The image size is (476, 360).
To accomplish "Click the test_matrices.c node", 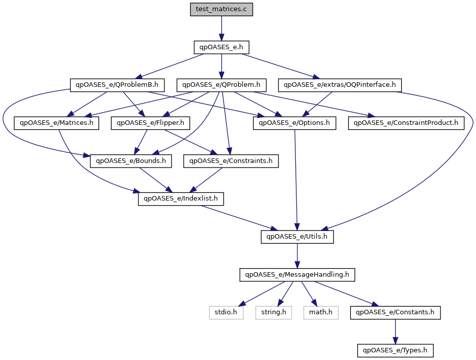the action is point(221,10).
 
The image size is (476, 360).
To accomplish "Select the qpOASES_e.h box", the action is point(221,47).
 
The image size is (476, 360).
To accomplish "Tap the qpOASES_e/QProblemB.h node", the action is point(117,85).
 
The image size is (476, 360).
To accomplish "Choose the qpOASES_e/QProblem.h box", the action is point(221,85).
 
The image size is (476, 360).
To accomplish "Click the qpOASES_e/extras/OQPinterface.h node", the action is point(339,85).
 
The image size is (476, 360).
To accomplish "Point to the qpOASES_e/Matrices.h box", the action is point(56,123).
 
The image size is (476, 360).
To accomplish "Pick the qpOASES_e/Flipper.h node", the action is point(151,123).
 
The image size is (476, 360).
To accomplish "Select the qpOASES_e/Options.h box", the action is point(294,123).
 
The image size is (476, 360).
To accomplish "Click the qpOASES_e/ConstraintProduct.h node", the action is point(406,123).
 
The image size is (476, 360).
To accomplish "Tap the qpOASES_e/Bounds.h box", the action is point(131,161).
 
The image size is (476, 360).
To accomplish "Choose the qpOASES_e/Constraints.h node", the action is point(231,161).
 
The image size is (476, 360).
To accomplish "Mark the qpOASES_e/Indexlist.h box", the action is point(181,199).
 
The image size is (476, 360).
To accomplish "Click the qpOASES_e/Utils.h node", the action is point(297,237).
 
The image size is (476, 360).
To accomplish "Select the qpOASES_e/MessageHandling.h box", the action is point(297,275).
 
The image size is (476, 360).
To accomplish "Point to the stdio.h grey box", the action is point(226,313).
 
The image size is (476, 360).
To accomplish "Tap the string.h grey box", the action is point(274,313).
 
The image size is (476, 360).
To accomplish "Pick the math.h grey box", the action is point(321,313).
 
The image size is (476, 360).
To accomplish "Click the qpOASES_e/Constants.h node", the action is point(395,313).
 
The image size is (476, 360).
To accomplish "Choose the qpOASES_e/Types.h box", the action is point(395,350).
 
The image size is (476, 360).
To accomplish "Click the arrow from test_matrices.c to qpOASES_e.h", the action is point(221,28).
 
